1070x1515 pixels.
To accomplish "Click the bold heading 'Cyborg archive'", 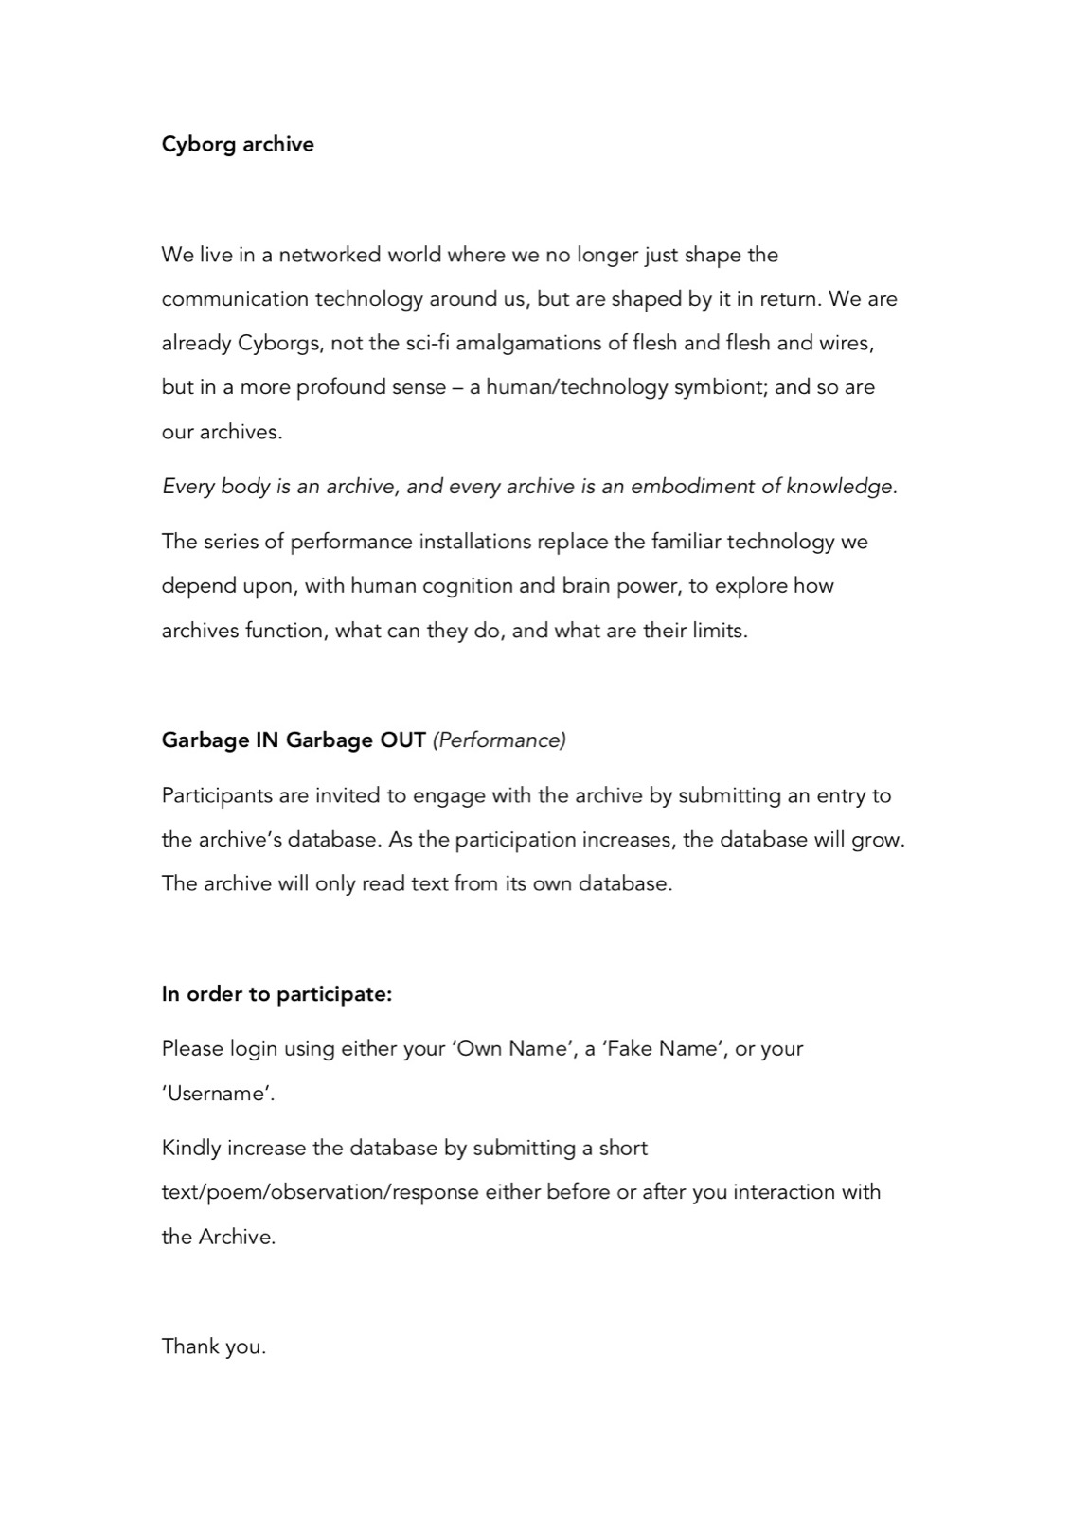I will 238,144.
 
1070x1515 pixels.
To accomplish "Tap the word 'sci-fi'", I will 427,343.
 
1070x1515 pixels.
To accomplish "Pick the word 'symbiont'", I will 720,387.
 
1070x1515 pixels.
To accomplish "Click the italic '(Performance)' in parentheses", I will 499,740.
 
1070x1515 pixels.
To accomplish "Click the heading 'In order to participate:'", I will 276,994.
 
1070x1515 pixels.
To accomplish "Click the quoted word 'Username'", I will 219,1094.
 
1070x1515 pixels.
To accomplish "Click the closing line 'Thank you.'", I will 214,1346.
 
